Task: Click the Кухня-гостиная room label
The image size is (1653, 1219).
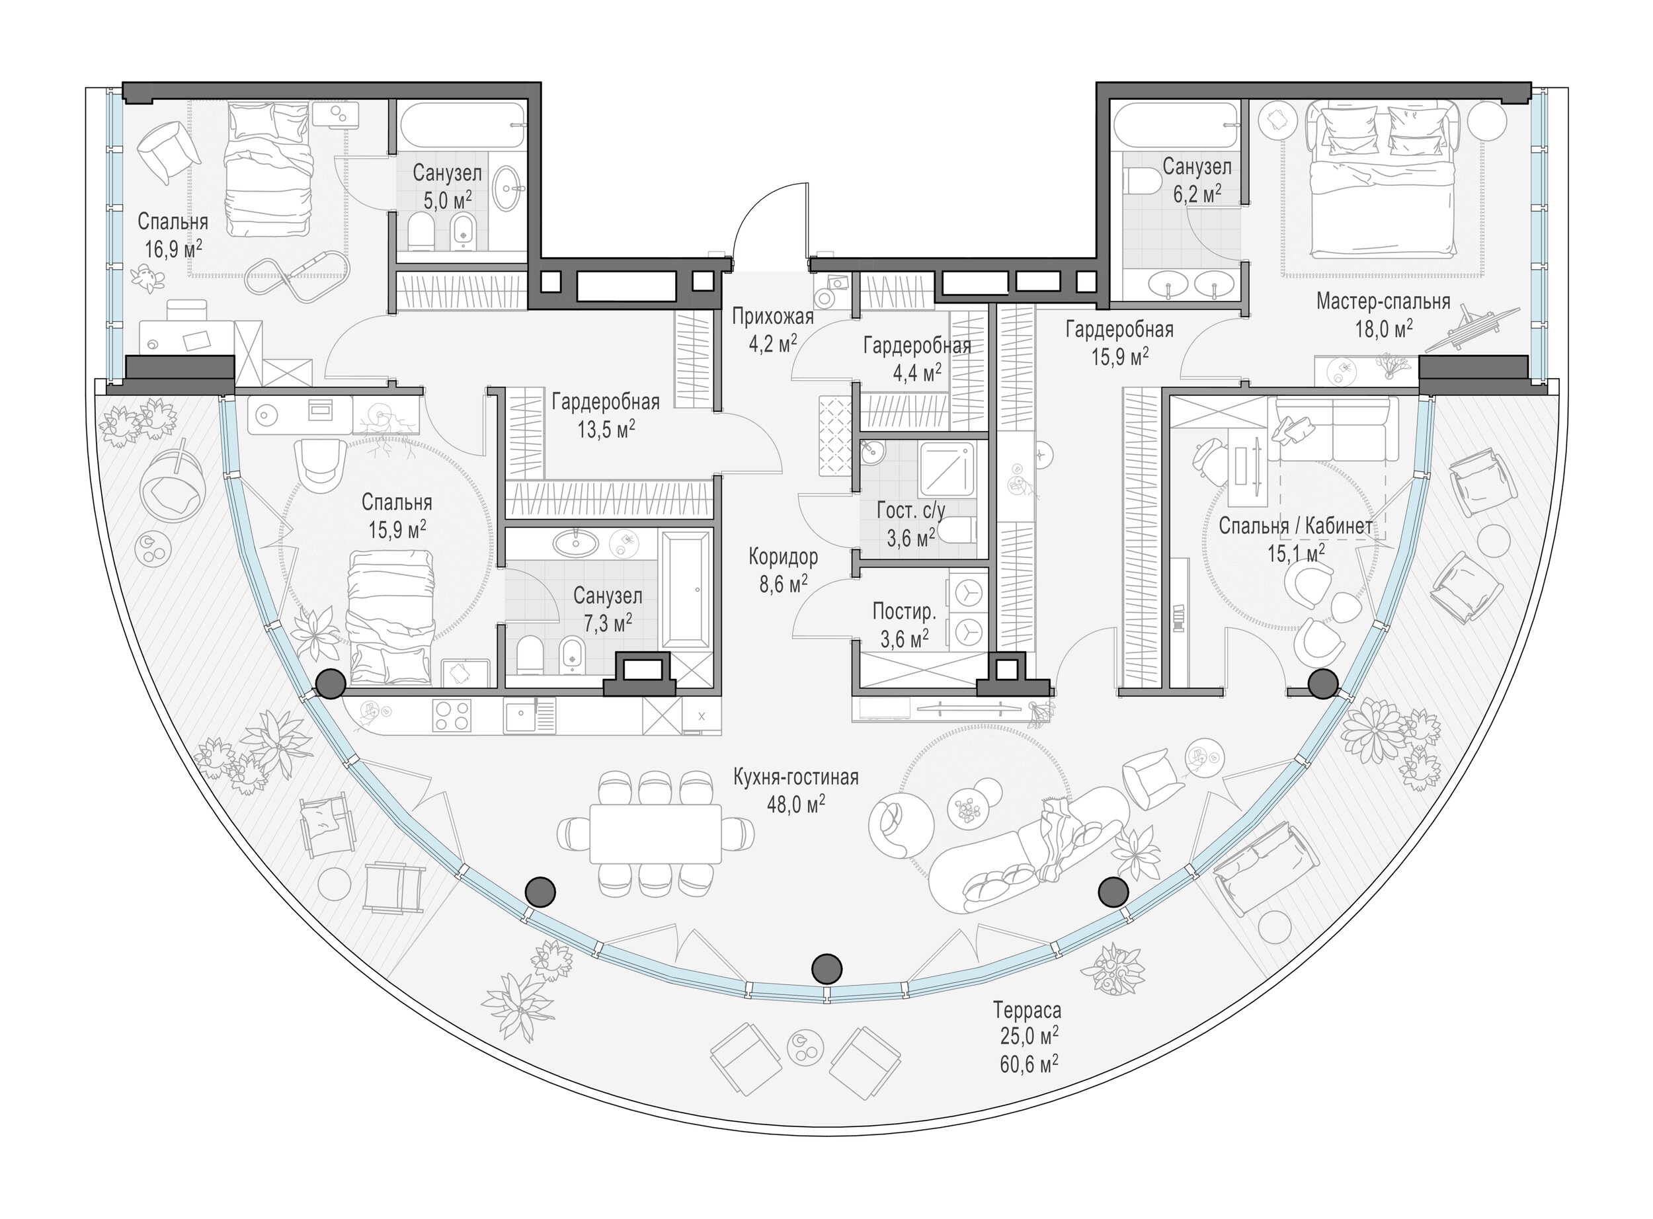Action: click(795, 777)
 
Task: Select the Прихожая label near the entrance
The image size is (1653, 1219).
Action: click(773, 317)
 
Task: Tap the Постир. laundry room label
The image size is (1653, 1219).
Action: click(904, 611)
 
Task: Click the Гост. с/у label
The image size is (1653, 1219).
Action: click(910, 510)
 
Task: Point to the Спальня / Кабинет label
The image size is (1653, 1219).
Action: click(1295, 526)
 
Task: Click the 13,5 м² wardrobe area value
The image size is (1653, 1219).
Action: click(606, 429)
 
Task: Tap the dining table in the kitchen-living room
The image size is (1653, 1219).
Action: click(655, 833)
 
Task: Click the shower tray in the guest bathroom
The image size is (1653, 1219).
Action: click(947, 469)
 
